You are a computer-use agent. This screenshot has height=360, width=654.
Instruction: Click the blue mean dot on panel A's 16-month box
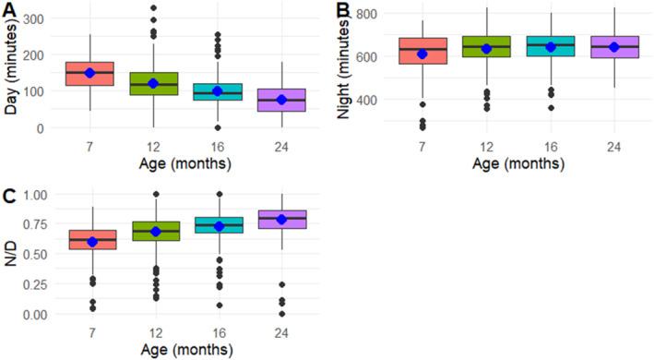pyautogui.click(x=192, y=91)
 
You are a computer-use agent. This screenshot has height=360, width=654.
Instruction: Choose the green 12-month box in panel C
pyautogui.click(x=141, y=231)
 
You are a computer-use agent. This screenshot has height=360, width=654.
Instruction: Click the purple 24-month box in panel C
pyautogui.click(x=244, y=220)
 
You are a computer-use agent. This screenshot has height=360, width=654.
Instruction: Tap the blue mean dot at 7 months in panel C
pyautogui.click(x=89, y=242)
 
